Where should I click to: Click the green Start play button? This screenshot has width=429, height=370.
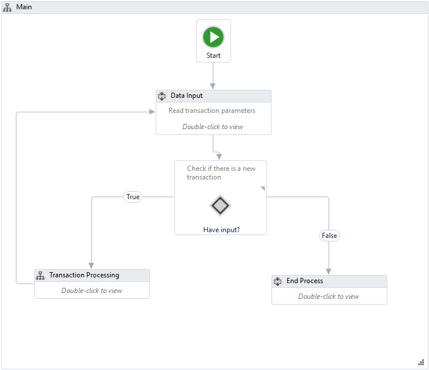213,37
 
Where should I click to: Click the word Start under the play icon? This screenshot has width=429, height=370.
213,56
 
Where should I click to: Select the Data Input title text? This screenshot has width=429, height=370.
186,96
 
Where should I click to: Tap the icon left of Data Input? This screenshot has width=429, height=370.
162,96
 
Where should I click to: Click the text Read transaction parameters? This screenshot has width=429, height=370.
211,111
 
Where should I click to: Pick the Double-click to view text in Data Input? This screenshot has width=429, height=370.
212,127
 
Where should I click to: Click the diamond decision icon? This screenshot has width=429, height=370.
220,206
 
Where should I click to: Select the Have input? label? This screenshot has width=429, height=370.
221,230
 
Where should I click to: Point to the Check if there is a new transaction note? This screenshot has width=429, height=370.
221,173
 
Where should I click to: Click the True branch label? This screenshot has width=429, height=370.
133,197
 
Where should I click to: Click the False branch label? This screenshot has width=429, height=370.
329,236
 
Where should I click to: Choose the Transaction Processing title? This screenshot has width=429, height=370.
84,275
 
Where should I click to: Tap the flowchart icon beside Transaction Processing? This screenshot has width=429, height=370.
41,276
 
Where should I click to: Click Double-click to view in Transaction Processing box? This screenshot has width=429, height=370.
91,291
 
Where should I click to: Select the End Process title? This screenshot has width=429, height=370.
305,281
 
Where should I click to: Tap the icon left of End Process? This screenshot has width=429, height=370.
278,281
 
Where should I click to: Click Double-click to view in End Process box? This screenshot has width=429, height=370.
328,296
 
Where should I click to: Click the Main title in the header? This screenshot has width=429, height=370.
24,7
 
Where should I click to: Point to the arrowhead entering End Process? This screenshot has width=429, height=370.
329,271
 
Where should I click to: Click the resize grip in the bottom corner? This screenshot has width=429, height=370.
421,362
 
